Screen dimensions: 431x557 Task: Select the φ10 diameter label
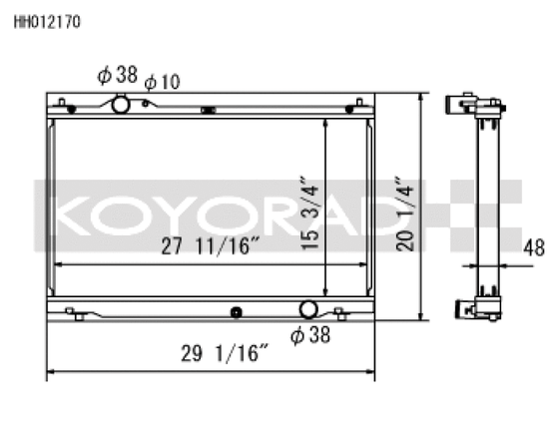(x=162, y=82)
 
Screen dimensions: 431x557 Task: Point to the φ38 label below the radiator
(x=309, y=335)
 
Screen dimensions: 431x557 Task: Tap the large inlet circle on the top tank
(x=120, y=104)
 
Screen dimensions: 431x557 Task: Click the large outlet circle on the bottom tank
(x=308, y=312)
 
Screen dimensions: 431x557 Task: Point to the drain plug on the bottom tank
(x=236, y=313)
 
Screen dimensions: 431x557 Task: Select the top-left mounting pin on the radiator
(x=62, y=103)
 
